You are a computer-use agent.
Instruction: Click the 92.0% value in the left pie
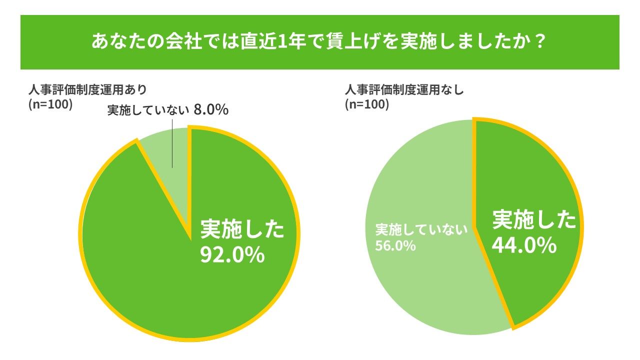click(x=232, y=255)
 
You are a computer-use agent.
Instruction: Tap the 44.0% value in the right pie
click(x=524, y=245)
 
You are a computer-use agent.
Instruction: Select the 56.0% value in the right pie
click(x=395, y=246)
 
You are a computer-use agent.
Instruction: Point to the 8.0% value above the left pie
click(x=211, y=110)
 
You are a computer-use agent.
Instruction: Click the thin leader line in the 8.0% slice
click(x=172, y=147)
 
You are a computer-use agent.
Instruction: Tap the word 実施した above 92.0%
click(x=242, y=229)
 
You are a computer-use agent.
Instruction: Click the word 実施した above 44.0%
click(x=534, y=220)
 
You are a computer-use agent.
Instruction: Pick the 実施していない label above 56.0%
click(x=421, y=230)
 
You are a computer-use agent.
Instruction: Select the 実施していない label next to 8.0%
click(x=148, y=110)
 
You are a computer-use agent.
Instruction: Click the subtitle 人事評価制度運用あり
click(x=88, y=90)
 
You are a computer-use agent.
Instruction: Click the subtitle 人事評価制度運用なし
click(x=404, y=90)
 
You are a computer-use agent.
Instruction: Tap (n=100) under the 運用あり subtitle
click(x=51, y=104)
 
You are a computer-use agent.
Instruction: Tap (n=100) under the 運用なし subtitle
click(x=366, y=104)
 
